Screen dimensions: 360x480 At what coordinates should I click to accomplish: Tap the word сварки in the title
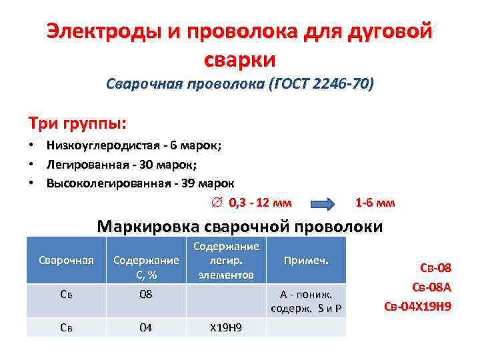coord(239,59)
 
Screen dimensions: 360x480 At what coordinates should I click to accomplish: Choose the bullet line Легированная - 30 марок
coord(122,163)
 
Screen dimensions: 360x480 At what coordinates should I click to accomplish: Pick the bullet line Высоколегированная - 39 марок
coord(140,182)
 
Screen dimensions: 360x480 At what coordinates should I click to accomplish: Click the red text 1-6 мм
coord(375,202)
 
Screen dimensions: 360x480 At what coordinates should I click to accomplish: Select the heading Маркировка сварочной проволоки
coord(240,226)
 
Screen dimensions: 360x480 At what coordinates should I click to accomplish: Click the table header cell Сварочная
coord(67,260)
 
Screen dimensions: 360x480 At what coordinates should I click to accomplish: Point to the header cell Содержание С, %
coord(146,266)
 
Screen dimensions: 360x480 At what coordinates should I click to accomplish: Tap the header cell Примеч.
coord(306,260)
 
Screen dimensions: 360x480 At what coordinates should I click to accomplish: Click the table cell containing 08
coord(146,294)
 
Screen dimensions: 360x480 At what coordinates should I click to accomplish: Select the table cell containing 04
coord(146,327)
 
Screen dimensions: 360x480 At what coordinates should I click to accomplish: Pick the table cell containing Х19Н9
coord(226,327)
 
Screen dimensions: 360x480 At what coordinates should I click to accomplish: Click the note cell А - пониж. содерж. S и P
coord(306,301)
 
